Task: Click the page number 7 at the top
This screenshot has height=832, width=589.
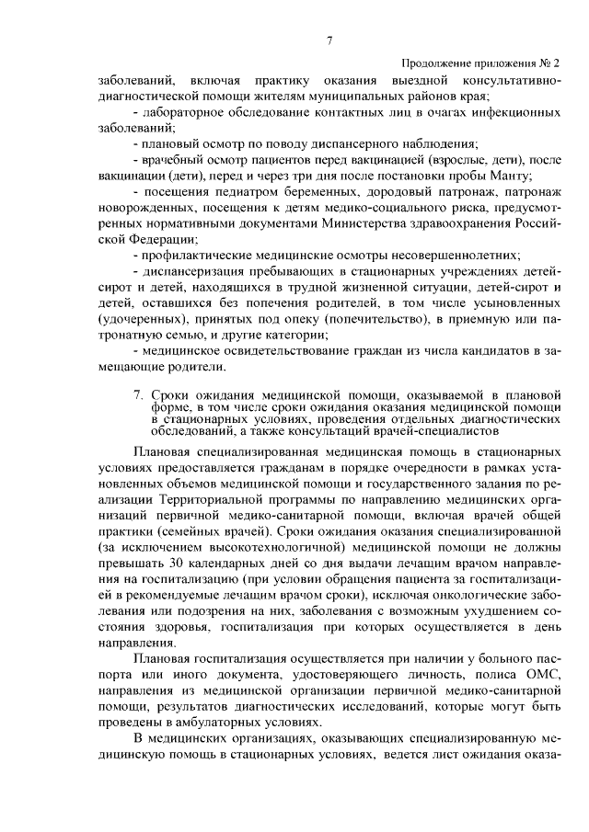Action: click(x=329, y=39)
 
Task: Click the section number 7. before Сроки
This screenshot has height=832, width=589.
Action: click(x=138, y=395)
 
